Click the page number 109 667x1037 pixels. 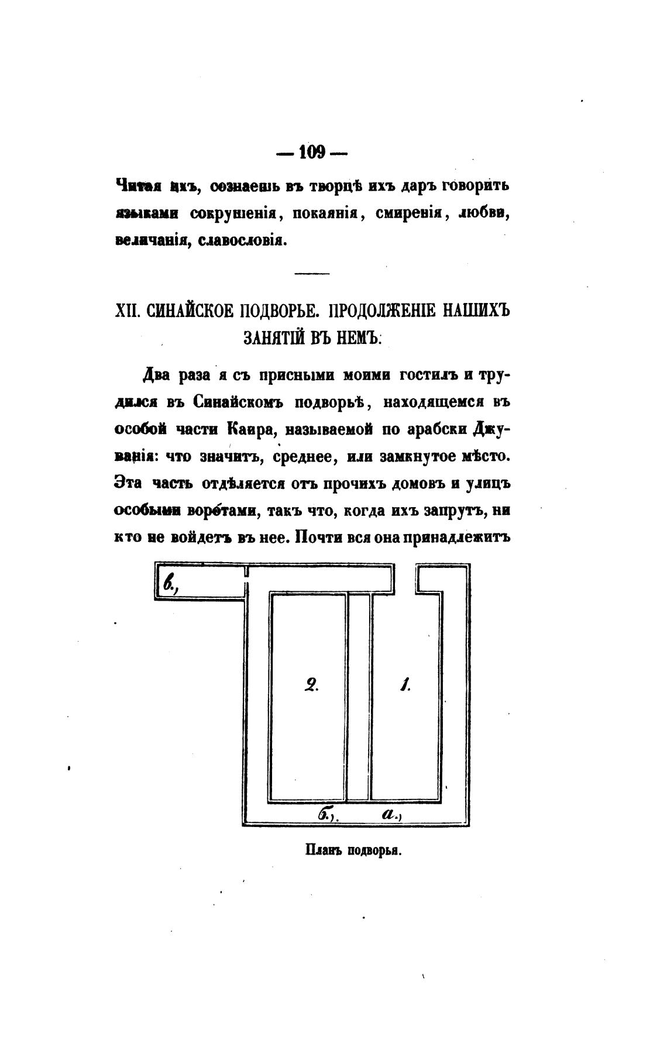[312, 153]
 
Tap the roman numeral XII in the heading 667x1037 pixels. [127, 310]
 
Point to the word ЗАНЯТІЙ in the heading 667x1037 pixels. [270, 337]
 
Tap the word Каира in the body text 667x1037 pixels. [247, 429]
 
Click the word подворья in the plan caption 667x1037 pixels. [374, 850]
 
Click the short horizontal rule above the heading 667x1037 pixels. [312, 273]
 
